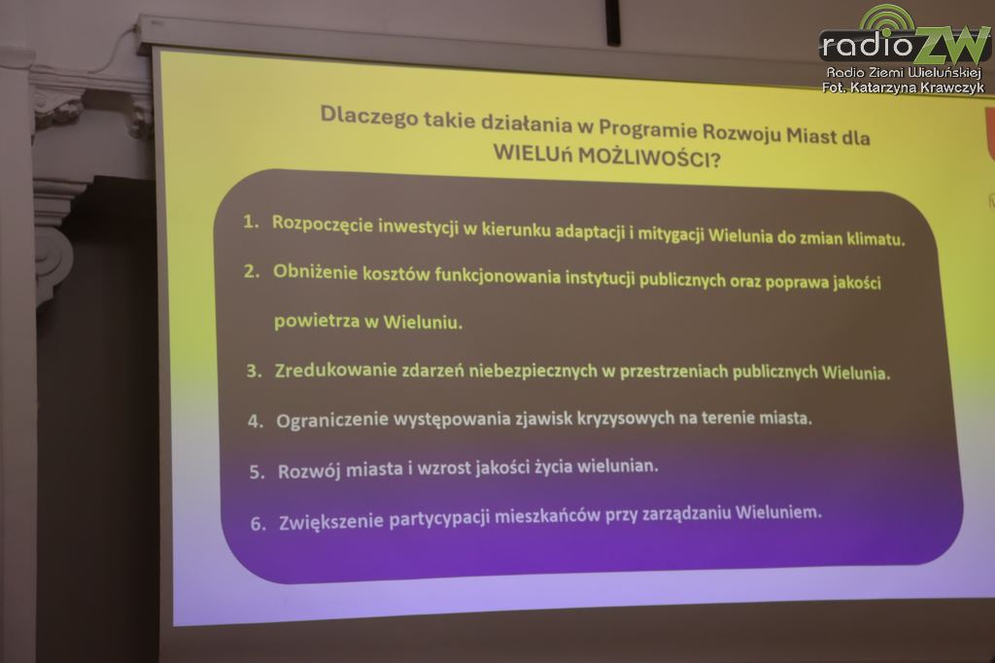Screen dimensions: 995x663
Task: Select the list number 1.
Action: tap(251, 222)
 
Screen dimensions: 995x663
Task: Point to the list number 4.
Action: tap(256, 421)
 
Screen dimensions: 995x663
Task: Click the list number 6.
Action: tap(258, 523)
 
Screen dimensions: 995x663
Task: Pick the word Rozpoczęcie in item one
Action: tap(323, 225)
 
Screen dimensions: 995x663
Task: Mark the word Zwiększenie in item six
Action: tap(330, 521)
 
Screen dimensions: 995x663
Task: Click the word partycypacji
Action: tap(439, 518)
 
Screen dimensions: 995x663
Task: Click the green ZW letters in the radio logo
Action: tap(950, 46)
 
